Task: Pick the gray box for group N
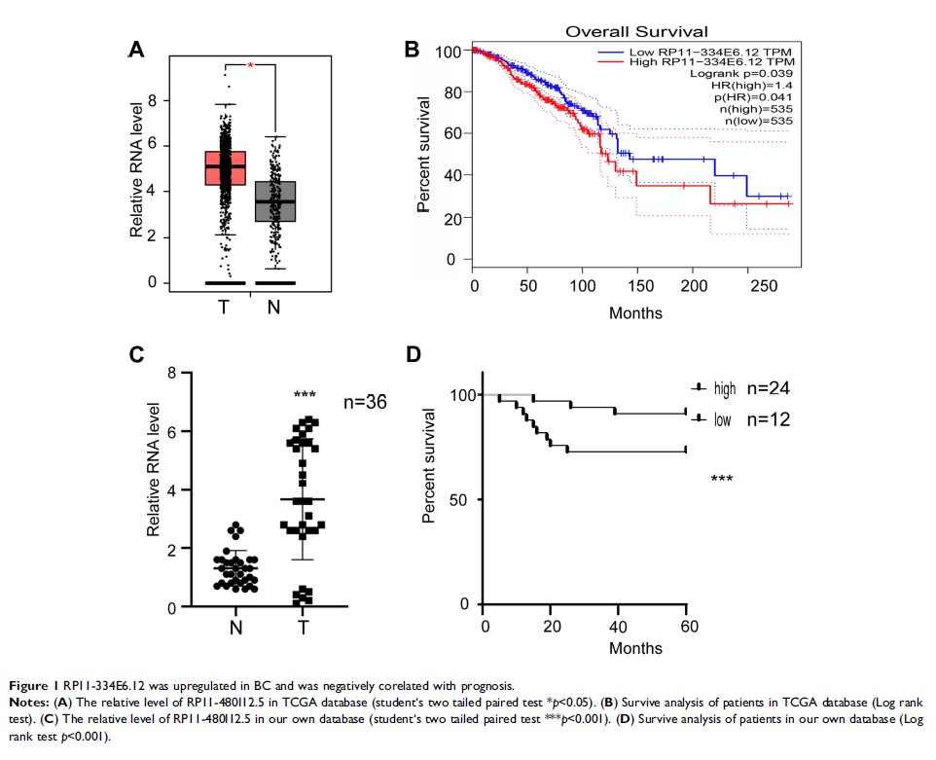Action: click(276, 201)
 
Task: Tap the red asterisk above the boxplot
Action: click(250, 65)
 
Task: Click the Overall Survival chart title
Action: click(636, 32)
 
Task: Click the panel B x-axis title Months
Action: click(635, 312)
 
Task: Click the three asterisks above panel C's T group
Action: click(306, 395)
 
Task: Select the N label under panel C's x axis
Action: click(235, 628)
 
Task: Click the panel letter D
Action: click(414, 353)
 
